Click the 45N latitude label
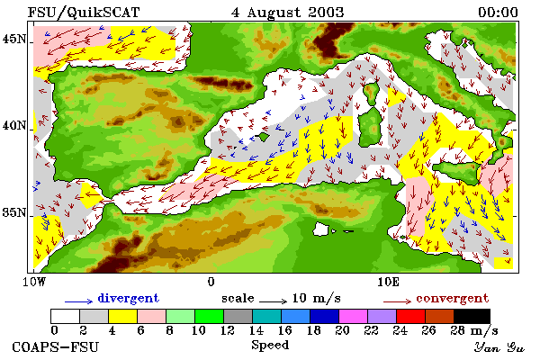pyautogui.click(x=14, y=39)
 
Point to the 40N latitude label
pyautogui.click(x=14, y=125)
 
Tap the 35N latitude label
pyautogui.click(x=14, y=212)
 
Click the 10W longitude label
pyautogui.click(x=34, y=282)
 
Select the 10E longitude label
pyautogui.click(x=388, y=282)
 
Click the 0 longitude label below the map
pyautogui.click(x=211, y=282)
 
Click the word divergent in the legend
pyautogui.click(x=128, y=298)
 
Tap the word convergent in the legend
pyautogui.click(x=452, y=298)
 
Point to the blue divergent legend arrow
pyautogui.click(x=78, y=301)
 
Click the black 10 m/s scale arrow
pyautogui.click(x=273, y=301)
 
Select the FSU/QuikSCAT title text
pyautogui.click(x=84, y=13)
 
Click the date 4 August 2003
pyautogui.click(x=288, y=13)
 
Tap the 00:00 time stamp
pyautogui.click(x=498, y=13)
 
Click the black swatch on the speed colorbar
pyautogui.click(x=472, y=316)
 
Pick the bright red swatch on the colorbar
pyautogui.click(x=411, y=316)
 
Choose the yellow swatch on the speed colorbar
pyautogui.click(x=123, y=316)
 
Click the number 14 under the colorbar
pyautogui.click(x=256, y=330)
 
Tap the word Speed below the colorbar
pyautogui.click(x=270, y=346)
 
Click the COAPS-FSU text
pyautogui.click(x=56, y=346)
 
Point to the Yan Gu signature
pyautogui.click(x=499, y=347)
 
